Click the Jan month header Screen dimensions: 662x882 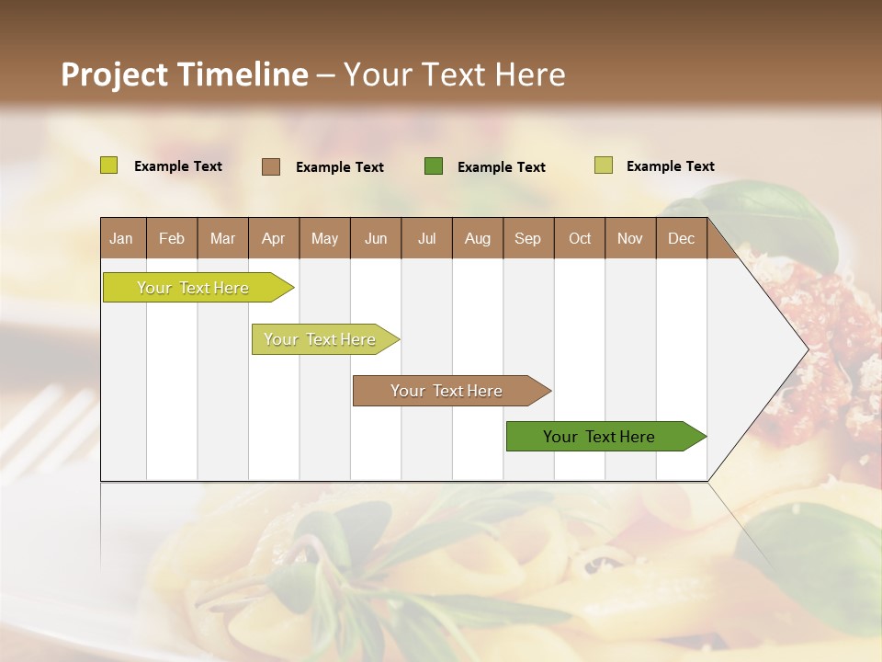click(122, 238)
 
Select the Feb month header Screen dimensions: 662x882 click(172, 238)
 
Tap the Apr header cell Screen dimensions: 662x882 click(274, 238)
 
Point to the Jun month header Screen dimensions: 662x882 click(376, 238)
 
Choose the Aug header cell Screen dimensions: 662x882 click(478, 238)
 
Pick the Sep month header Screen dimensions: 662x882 click(528, 238)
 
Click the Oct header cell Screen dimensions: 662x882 click(580, 238)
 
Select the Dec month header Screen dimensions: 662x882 click(682, 238)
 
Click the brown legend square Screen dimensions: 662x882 click(271, 166)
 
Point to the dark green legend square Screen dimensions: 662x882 click(434, 166)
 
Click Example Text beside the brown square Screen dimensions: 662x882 click(340, 167)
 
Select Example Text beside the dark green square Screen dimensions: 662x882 click(502, 167)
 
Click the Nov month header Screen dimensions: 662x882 click(630, 238)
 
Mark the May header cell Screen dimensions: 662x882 click(324, 238)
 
